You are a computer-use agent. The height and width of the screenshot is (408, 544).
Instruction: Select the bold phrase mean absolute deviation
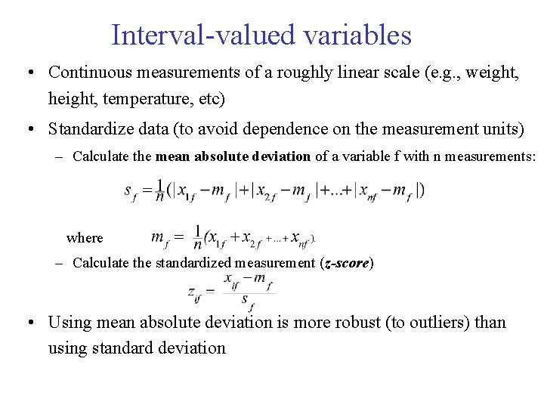pos(233,156)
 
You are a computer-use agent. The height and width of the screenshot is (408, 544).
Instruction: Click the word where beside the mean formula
pos(85,238)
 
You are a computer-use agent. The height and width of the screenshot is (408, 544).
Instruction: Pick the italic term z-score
pos(346,263)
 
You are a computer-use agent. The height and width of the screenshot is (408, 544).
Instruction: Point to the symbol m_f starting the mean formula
pos(159,239)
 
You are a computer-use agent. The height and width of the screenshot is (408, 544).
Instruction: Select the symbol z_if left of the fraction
pos(194,292)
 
